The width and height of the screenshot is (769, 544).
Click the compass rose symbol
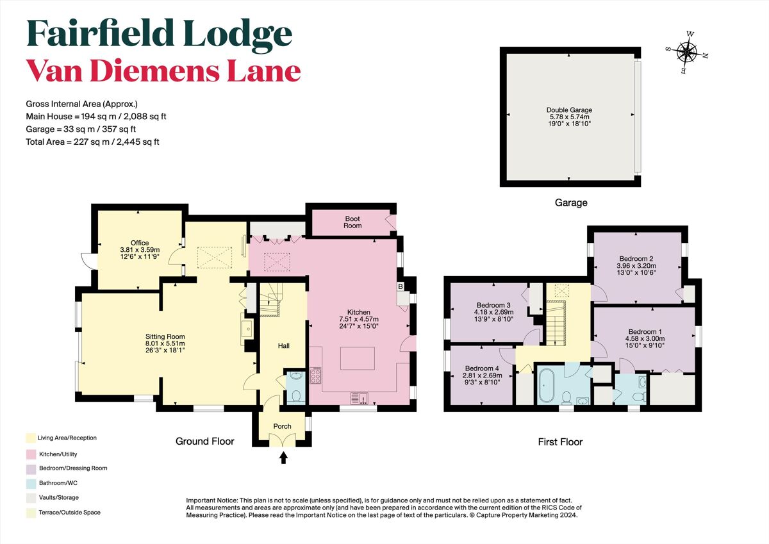click(x=688, y=52)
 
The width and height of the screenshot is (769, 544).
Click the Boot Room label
click(x=352, y=222)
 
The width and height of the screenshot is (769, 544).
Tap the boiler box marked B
click(x=401, y=286)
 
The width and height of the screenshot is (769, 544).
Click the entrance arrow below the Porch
click(x=283, y=457)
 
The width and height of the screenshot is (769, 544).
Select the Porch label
click(x=282, y=426)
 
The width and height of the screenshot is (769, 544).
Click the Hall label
click(x=283, y=346)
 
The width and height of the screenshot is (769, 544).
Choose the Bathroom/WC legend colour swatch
click(x=30, y=483)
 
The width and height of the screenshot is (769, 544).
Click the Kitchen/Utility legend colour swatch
click(x=30, y=453)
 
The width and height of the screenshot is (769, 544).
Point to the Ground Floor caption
click(x=205, y=441)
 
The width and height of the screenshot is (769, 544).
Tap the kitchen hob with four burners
click(x=315, y=375)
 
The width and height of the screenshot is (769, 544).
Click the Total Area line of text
click(x=92, y=142)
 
